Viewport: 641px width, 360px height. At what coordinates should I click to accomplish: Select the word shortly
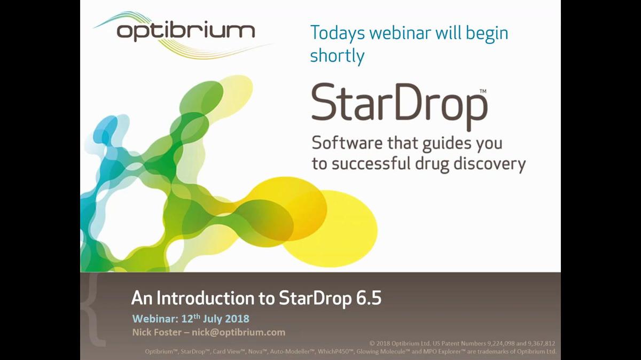337,56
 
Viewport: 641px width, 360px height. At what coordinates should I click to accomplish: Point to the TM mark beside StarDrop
483,92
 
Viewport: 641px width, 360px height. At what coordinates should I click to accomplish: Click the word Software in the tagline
344,143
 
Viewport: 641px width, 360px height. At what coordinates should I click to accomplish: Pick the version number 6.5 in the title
368,298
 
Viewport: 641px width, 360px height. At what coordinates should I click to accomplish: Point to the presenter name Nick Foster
157,332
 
